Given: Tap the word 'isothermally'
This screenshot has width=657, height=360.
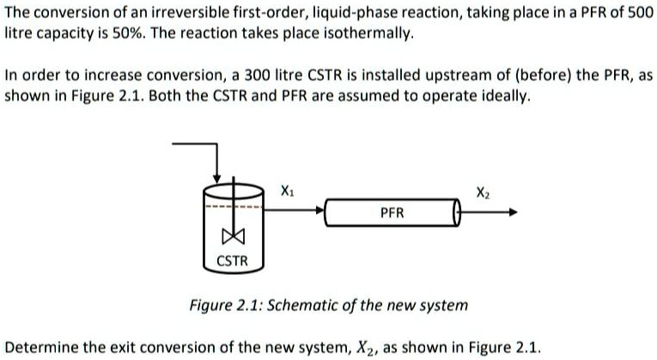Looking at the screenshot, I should (372, 34).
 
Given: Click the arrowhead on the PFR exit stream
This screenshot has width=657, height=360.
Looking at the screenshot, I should (514, 211).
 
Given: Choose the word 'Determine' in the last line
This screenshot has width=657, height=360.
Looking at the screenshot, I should (40, 347).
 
